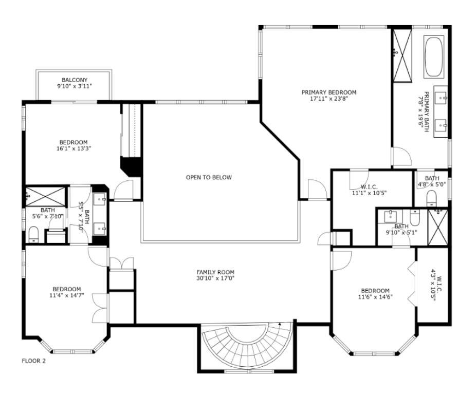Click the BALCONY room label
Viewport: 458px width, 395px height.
tap(75, 80)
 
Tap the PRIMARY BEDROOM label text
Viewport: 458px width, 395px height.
tap(328, 92)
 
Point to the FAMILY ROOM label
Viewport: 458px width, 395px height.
tap(215, 272)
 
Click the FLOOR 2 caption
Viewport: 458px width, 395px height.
tap(33, 361)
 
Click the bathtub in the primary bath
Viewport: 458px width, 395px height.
tap(434, 56)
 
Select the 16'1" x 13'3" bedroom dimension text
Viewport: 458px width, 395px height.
tap(73, 149)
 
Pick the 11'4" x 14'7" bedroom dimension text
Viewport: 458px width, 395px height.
tap(66, 295)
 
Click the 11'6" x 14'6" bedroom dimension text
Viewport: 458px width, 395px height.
tap(375, 297)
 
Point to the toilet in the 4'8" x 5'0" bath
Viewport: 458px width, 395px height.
tap(431, 198)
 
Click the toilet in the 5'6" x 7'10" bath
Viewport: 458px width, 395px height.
tap(34, 235)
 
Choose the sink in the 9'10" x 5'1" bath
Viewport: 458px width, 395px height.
tap(391, 215)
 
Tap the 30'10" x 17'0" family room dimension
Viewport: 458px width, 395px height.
tap(215, 279)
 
